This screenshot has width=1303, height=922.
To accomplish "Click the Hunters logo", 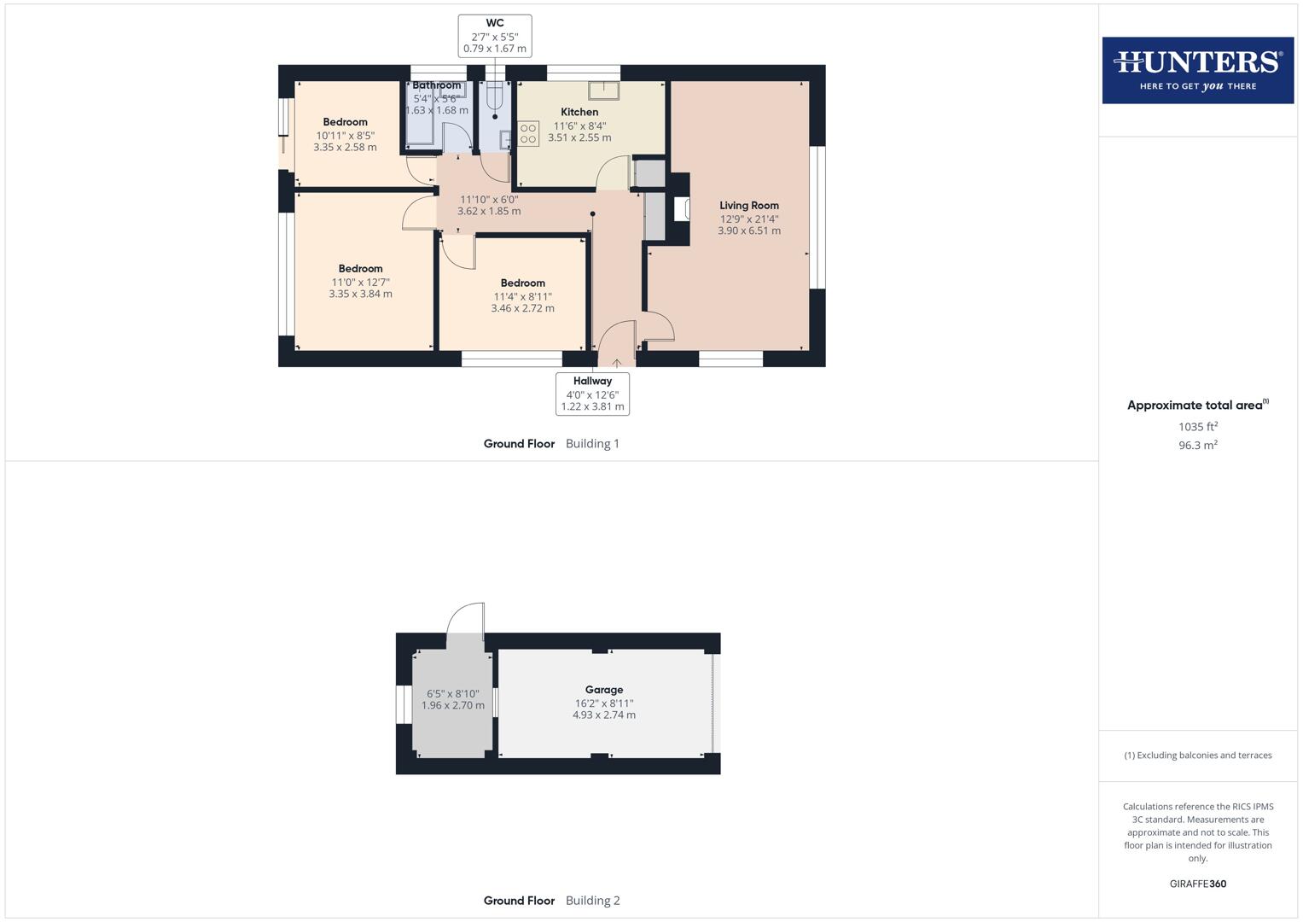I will [x=1197, y=70].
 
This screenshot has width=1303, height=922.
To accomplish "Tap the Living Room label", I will [x=748, y=206].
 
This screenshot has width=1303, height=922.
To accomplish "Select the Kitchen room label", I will [x=579, y=112].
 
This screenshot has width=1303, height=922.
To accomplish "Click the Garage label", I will [x=604, y=690].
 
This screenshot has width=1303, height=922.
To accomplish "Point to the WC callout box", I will [x=495, y=36].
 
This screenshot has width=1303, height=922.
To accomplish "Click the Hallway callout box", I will [x=592, y=394].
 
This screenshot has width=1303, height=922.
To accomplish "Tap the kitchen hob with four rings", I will [x=528, y=134].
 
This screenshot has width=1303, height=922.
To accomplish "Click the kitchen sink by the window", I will [x=604, y=90].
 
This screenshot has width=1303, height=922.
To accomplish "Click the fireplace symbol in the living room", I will [x=682, y=209].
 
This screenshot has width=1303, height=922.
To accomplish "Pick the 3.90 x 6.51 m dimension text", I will [x=748, y=230].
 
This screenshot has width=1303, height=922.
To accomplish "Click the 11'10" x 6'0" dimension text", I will [x=489, y=199].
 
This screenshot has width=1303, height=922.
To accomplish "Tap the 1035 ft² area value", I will [x=1197, y=427].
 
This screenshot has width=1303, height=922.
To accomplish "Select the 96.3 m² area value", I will [x=1197, y=446].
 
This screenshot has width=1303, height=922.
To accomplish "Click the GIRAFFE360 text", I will [x=1197, y=884].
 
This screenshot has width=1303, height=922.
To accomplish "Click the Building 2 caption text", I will [x=592, y=901].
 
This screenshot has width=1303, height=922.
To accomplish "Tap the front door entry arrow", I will [x=617, y=364].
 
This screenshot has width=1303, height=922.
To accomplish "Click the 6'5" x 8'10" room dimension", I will [x=452, y=694].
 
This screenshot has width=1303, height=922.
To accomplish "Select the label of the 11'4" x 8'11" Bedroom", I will [x=522, y=283].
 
